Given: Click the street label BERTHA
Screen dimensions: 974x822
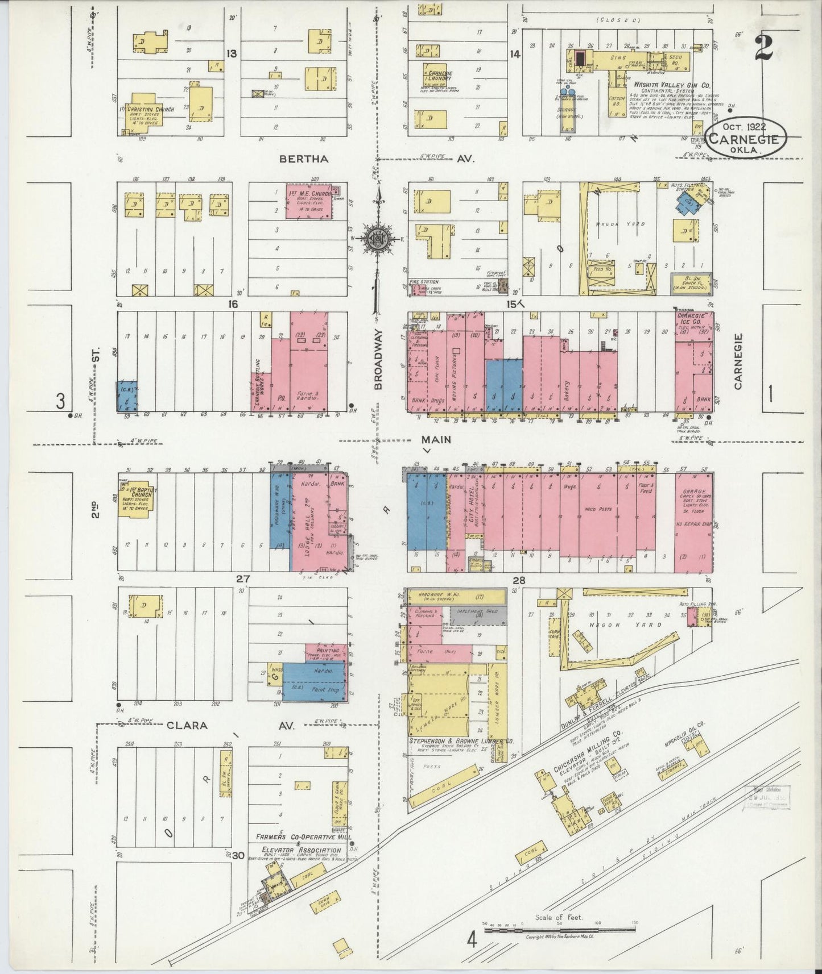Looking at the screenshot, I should [x=304, y=159].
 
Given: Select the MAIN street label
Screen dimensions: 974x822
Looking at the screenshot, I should [x=436, y=439].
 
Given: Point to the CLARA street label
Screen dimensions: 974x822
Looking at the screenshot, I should [x=186, y=726].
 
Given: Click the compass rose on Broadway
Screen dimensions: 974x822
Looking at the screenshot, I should [x=377, y=238].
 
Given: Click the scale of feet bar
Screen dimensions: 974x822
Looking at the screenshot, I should [x=560, y=930].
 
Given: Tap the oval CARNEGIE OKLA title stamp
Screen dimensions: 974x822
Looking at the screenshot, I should [x=746, y=138].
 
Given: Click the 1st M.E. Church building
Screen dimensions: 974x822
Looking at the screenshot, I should [x=314, y=201].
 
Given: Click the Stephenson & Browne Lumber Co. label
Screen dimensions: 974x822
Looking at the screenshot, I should [x=461, y=742].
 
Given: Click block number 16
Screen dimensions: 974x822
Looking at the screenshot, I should [x=232, y=304].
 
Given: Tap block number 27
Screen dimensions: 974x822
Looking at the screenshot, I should [x=243, y=579].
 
